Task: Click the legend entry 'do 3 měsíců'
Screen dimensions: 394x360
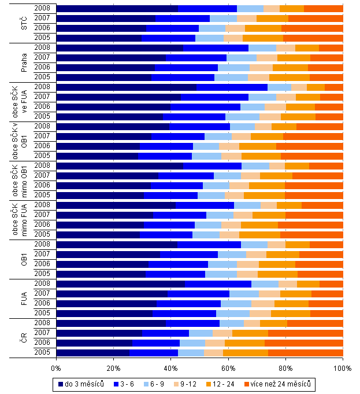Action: (80, 384)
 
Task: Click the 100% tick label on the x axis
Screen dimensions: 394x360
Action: (342, 367)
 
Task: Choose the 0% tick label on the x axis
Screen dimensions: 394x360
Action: (57, 367)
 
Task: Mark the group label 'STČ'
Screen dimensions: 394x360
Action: (24, 23)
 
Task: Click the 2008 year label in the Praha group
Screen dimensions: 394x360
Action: (42, 47)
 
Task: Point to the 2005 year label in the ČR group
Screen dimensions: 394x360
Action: (42, 352)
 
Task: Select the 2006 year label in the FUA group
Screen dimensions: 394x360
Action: (42, 303)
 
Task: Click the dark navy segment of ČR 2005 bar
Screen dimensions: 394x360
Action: (93, 352)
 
